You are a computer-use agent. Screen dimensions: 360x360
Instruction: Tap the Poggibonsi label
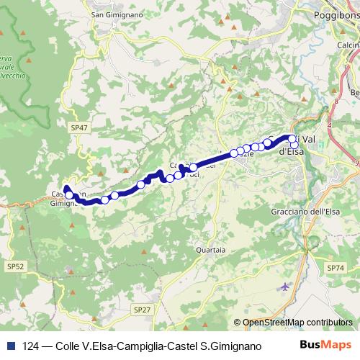point(336,14)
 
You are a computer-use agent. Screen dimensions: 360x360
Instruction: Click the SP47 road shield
point(80,127)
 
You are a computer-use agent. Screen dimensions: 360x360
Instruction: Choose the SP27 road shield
point(142,309)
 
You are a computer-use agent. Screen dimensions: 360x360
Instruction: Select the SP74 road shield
point(336,268)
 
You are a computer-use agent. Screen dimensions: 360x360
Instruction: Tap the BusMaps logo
point(330,345)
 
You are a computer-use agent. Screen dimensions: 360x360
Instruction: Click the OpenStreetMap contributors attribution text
point(297,323)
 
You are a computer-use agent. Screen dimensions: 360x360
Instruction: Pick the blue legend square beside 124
point(9,346)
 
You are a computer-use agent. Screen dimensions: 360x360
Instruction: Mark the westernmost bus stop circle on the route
point(69,195)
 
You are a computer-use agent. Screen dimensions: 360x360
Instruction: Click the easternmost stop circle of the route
point(294,145)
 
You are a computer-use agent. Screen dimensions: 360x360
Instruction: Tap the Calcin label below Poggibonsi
point(348,45)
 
